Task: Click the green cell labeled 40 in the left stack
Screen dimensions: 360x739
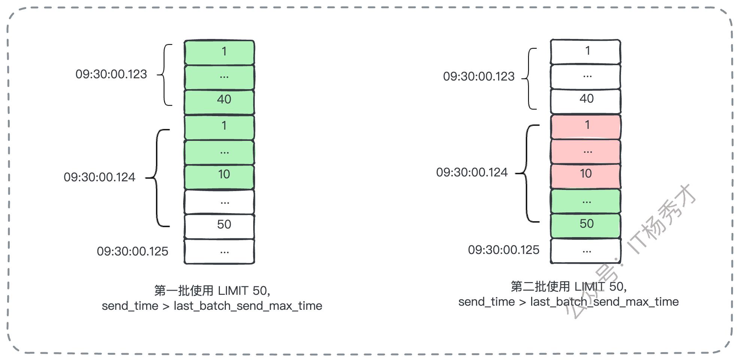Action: [x=219, y=102]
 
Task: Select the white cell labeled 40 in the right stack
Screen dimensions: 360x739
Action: [x=585, y=101]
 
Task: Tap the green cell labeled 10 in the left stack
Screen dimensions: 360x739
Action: [x=219, y=176]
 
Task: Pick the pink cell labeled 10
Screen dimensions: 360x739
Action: [x=585, y=176]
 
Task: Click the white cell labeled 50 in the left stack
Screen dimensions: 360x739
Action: [x=219, y=226]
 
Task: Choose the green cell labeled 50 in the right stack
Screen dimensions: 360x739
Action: [x=585, y=226]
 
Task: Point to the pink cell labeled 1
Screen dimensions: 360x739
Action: [x=585, y=127]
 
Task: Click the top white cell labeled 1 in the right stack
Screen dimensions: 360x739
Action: [x=585, y=52]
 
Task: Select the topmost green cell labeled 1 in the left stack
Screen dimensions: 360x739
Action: [x=219, y=52]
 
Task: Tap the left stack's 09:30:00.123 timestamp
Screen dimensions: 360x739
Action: [x=111, y=74]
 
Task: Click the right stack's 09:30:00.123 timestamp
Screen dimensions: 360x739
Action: [x=479, y=76]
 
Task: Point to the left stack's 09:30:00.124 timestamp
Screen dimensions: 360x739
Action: [x=99, y=177]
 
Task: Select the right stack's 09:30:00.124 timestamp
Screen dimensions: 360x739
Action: [x=472, y=172]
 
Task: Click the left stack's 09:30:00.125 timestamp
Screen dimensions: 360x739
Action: [x=133, y=251]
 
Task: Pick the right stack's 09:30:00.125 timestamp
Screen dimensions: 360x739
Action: [x=504, y=250]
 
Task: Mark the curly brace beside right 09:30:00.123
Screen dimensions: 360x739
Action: [x=529, y=79]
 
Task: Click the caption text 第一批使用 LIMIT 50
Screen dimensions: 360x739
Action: [x=212, y=291]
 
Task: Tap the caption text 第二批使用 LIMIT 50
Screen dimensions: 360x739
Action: [x=569, y=287]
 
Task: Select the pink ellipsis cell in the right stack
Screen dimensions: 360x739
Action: [x=585, y=151]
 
